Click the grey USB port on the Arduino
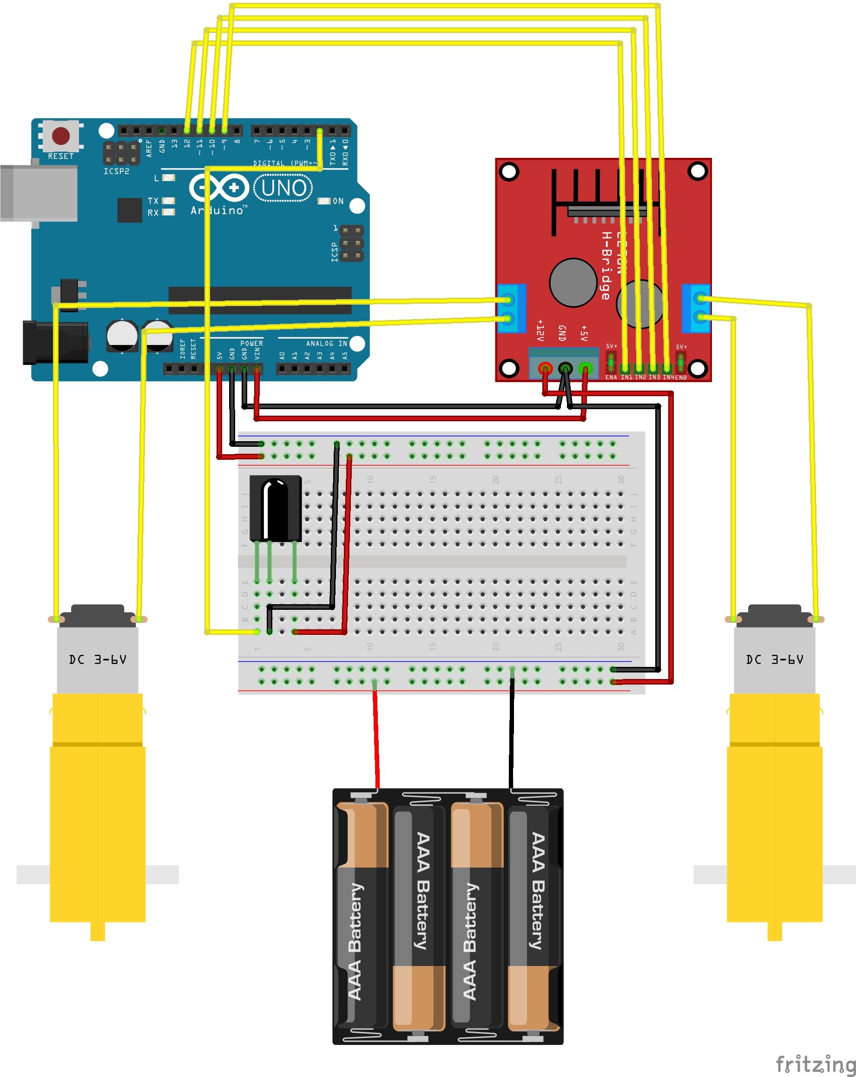[x=39, y=193]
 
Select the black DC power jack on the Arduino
[x=55, y=343]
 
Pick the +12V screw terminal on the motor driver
[x=545, y=369]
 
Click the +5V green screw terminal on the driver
[x=585, y=369]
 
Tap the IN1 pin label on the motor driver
[x=626, y=378]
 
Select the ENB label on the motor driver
[x=681, y=378]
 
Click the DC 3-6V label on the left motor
[x=98, y=659]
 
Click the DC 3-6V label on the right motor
[x=774, y=659]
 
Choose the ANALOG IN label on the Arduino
[x=326, y=344]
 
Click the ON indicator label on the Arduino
[x=338, y=201]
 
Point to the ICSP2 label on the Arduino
[x=117, y=171]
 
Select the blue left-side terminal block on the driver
[x=511, y=309]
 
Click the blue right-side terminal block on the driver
[x=696, y=309]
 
